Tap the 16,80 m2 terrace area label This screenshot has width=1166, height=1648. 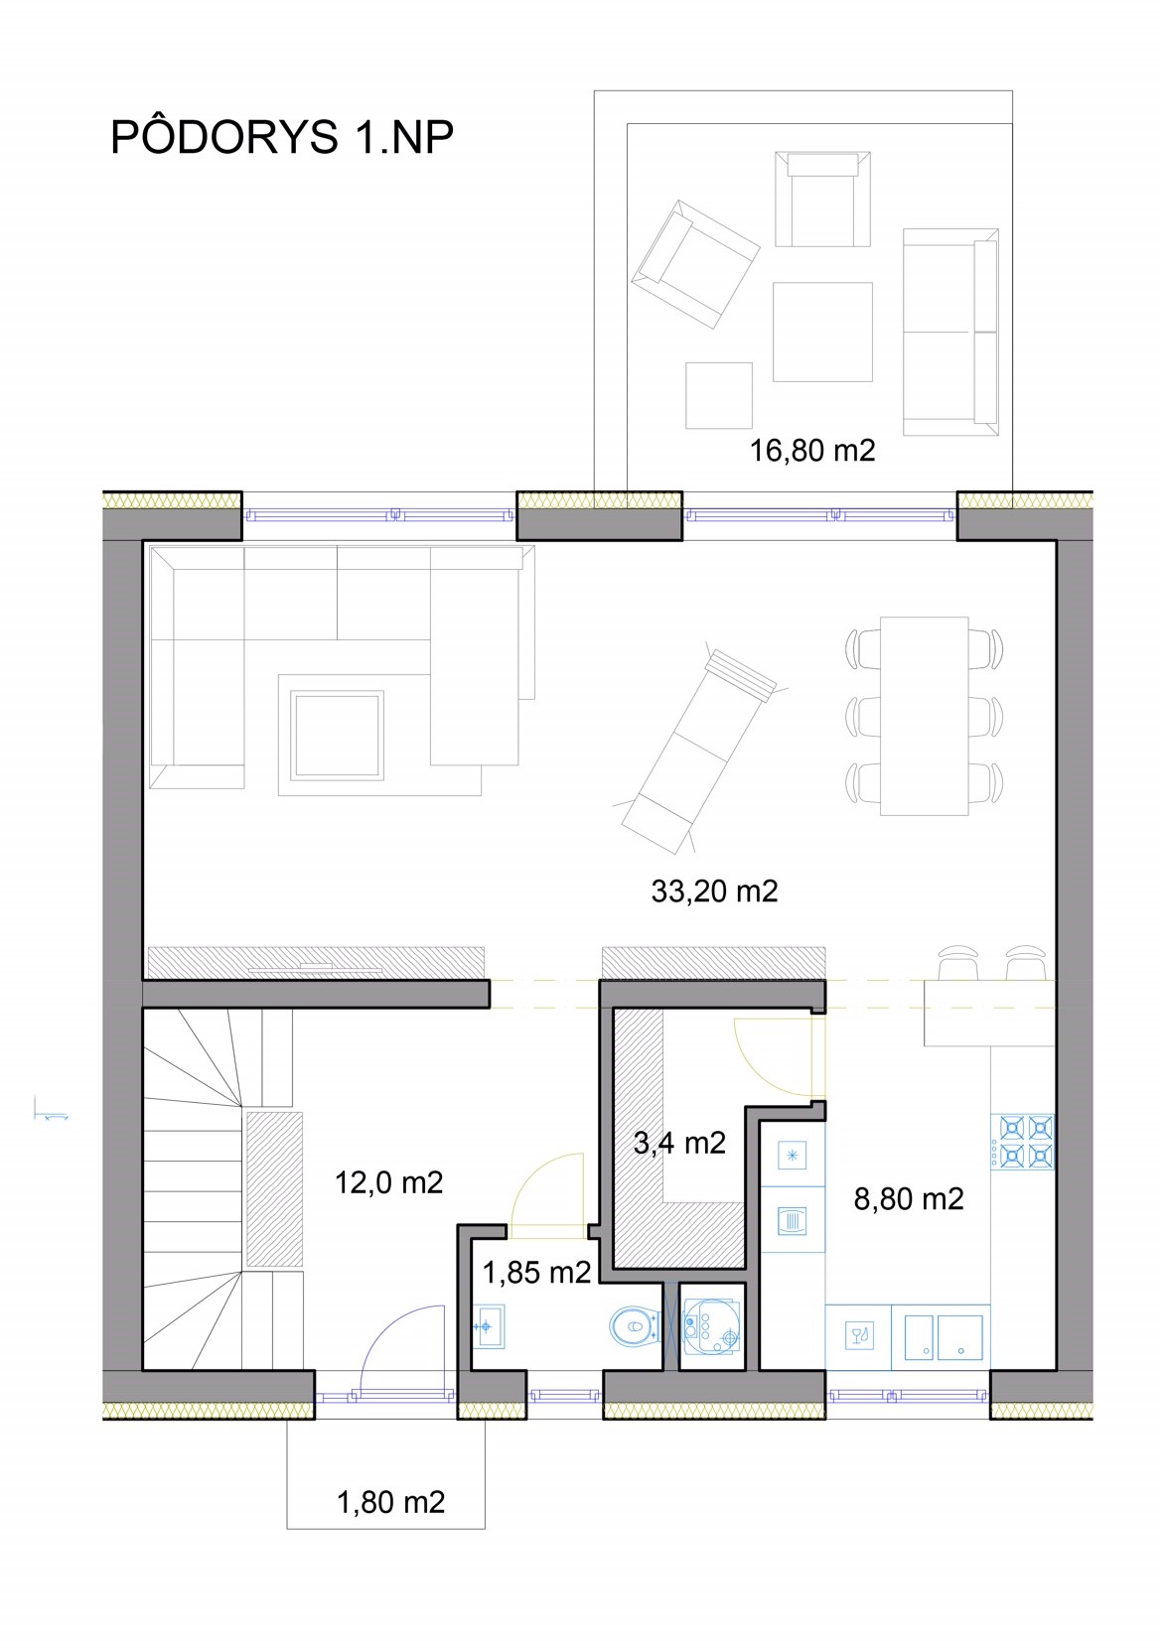click(812, 451)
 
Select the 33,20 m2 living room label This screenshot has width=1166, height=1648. click(714, 891)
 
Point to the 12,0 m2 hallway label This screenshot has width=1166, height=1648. click(388, 1182)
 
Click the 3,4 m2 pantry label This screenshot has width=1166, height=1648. click(679, 1143)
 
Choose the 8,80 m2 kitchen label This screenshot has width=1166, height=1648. click(909, 1199)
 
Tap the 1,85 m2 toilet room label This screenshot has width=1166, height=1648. click(536, 1273)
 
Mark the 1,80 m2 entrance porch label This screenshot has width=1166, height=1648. click(390, 1502)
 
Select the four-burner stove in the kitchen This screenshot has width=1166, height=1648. click(1023, 1143)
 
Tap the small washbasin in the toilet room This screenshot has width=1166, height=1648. click(488, 1326)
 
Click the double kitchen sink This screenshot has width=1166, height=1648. click(941, 1337)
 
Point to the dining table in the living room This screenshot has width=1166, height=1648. click(924, 716)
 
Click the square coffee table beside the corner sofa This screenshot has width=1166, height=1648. click(337, 735)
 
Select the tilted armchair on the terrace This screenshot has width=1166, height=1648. click(695, 264)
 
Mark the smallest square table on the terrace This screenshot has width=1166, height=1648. click(718, 395)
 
